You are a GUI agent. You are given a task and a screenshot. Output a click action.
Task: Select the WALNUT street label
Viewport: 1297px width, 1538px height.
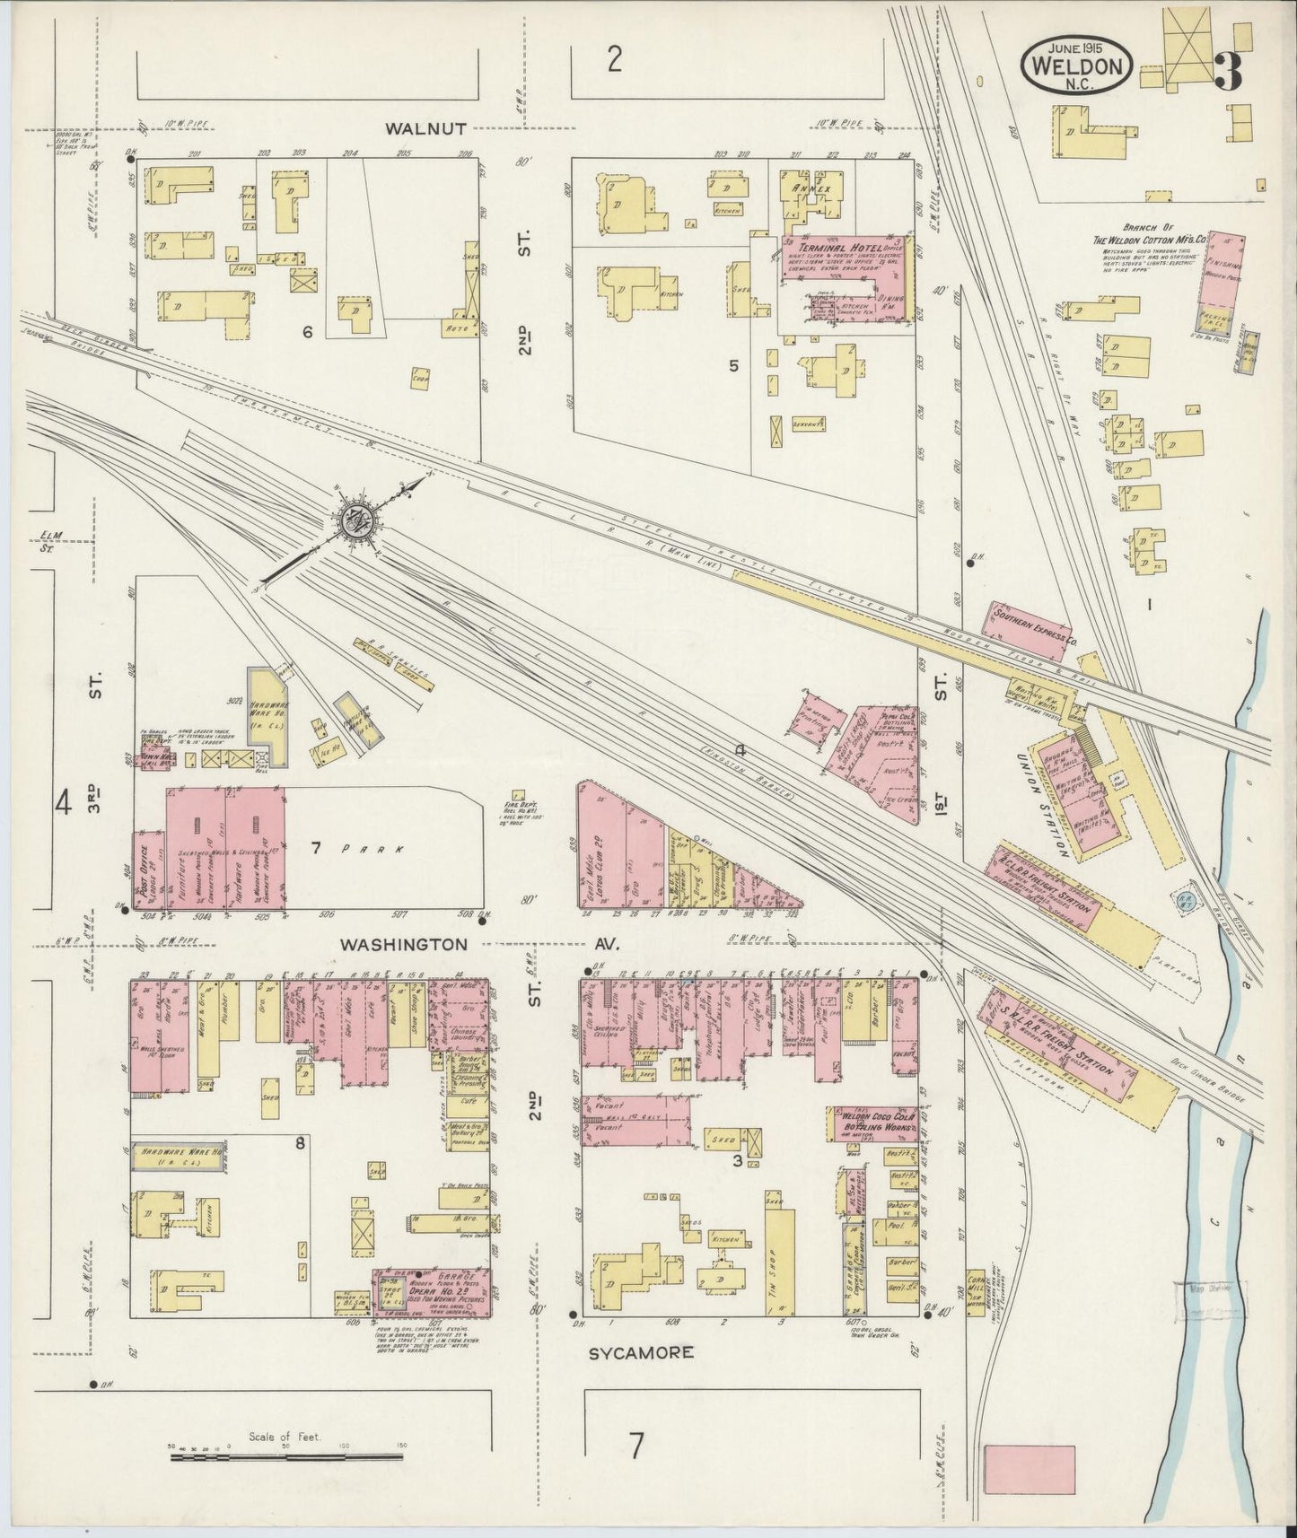tap(425, 128)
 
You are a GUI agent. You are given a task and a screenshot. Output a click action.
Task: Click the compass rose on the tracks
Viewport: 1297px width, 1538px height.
tap(364, 520)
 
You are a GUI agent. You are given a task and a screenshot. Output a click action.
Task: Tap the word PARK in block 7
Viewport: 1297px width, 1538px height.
tap(365, 848)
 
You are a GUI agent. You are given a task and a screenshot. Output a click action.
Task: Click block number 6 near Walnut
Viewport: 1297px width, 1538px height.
tap(307, 333)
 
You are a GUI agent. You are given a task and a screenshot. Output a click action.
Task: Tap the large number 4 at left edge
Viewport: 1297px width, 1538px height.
tap(62, 803)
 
